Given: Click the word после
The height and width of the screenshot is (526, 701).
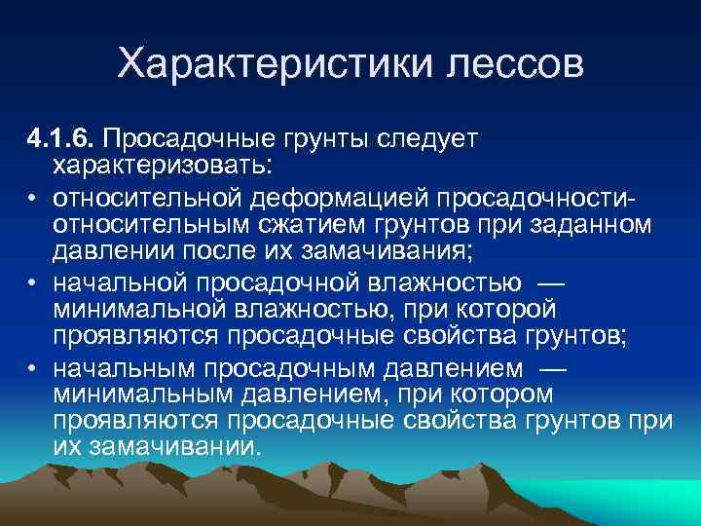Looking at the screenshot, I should click(222, 252).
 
